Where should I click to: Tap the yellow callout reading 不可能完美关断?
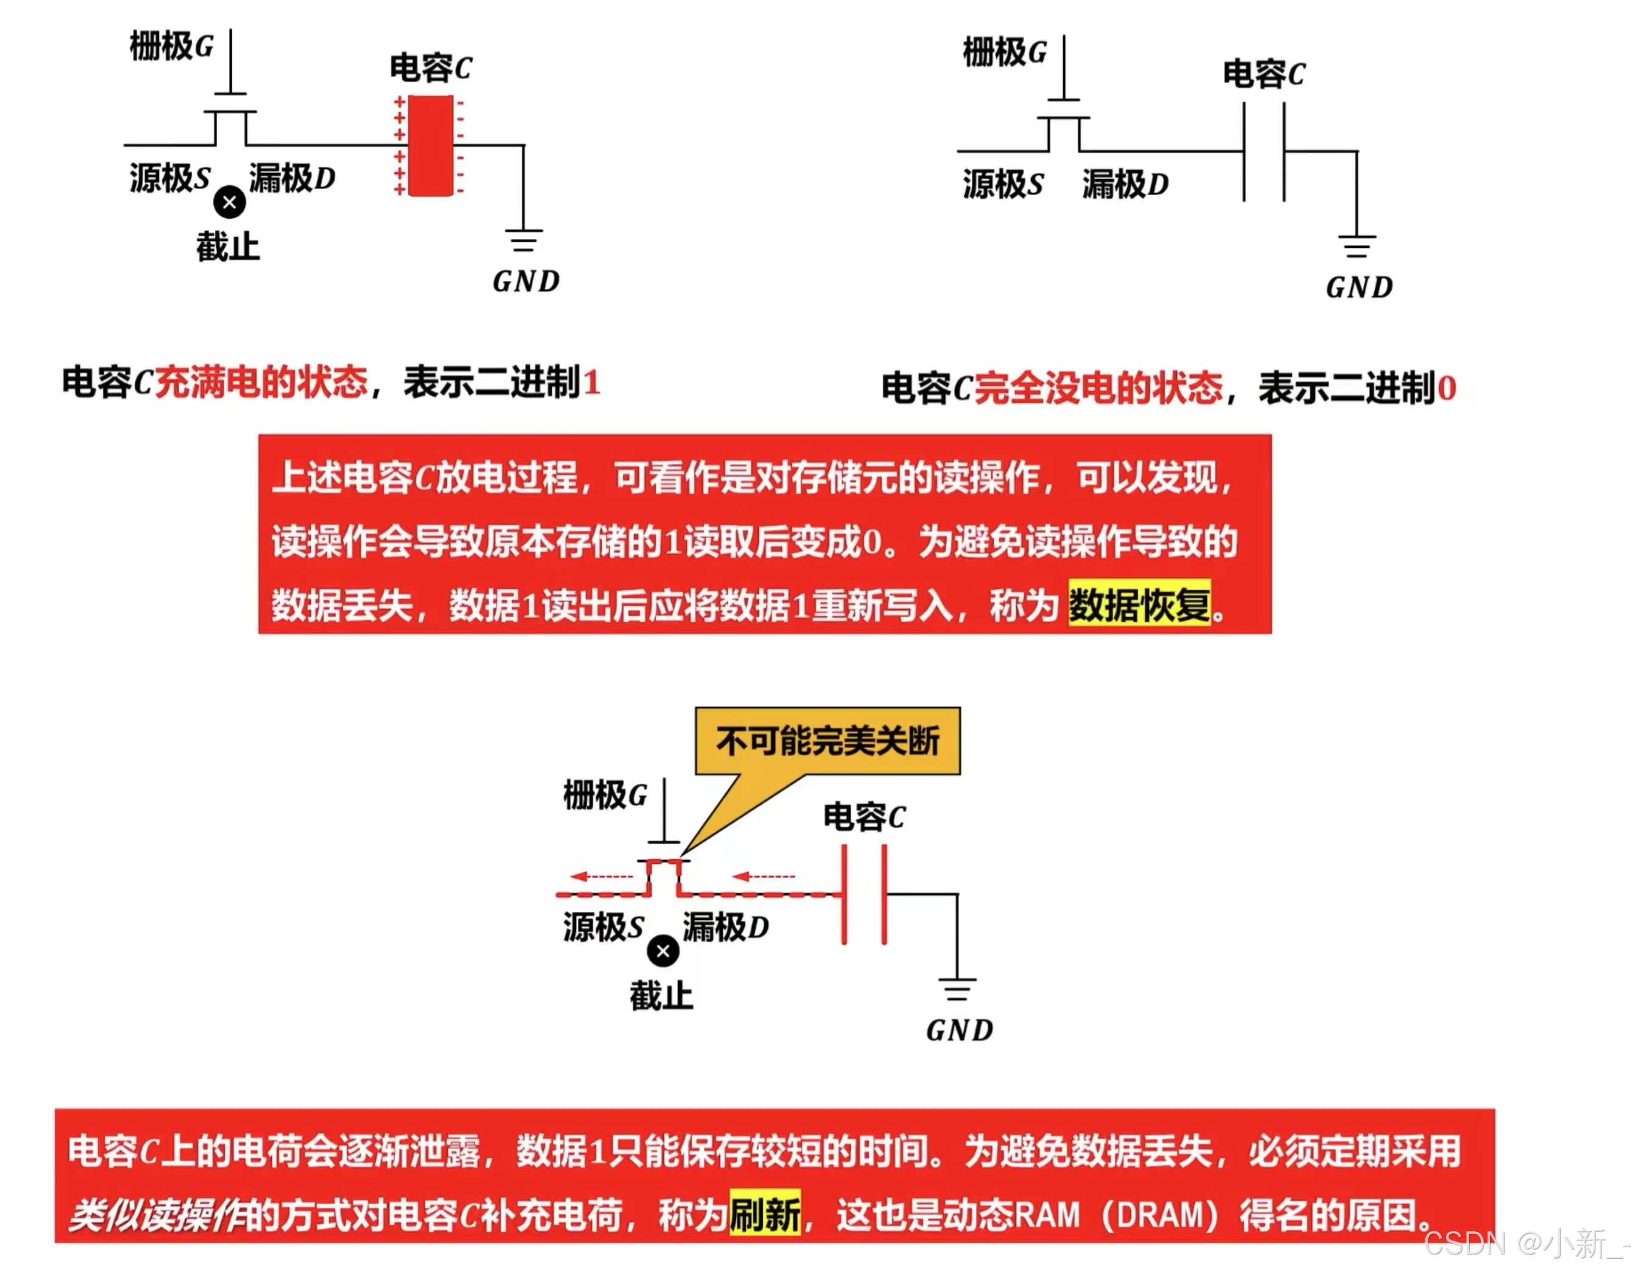827,741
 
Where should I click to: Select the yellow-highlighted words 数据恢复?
1139,604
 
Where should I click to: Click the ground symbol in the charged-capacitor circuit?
523,240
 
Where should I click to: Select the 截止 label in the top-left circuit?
227,247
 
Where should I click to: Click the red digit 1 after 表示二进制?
591,383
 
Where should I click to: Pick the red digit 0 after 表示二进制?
1447,388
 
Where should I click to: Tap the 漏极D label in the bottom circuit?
725,927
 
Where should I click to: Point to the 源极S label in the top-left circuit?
170,178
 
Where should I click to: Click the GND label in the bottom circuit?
959,1031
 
